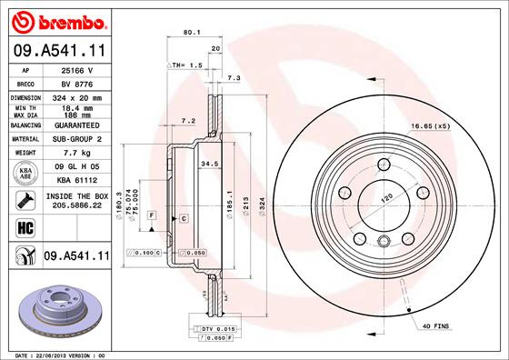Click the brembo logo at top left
55,19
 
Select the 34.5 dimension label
209,164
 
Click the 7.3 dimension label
234,79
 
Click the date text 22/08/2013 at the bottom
54,354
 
